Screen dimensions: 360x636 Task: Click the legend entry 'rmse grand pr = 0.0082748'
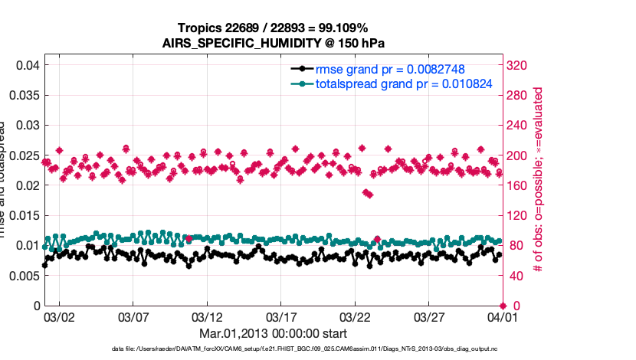point(390,69)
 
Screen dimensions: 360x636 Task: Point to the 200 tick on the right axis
point(518,155)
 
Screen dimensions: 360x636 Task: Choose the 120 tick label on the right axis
point(518,215)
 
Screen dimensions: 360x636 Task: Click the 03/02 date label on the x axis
point(59,316)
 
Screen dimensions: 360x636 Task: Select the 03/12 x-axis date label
point(207,316)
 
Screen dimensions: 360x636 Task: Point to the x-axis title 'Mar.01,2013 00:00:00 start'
point(273,333)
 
